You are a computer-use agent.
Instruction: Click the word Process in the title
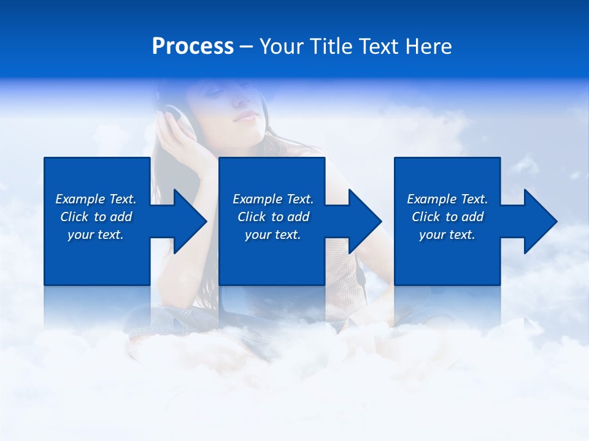(x=193, y=47)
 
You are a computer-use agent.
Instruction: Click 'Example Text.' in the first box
(x=96, y=199)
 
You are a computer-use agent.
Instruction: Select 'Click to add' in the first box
(x=96, y=217)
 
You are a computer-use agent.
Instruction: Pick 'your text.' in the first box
(x=96, y=235)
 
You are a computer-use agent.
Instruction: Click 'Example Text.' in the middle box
(x=273, y=199)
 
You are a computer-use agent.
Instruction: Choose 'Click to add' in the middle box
(x=273, y=217)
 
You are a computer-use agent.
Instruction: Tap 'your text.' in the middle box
(x=273, y=235)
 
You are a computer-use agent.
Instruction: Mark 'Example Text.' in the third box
(x=447, y=199)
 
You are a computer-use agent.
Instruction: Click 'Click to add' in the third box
(x=447, y=217)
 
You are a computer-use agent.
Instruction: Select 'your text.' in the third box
(x=447, y=235)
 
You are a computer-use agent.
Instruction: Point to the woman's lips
(x=247, y=116)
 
